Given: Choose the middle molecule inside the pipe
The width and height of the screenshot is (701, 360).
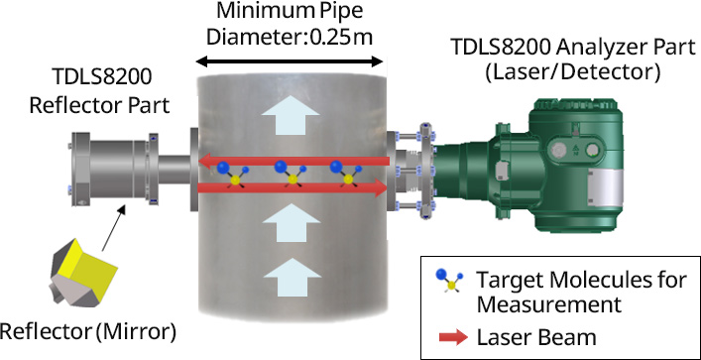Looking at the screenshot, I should coord(291,176).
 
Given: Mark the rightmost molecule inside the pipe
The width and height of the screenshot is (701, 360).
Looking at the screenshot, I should coord(344,176).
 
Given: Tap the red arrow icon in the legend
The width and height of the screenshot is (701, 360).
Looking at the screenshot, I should coord(452,336).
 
